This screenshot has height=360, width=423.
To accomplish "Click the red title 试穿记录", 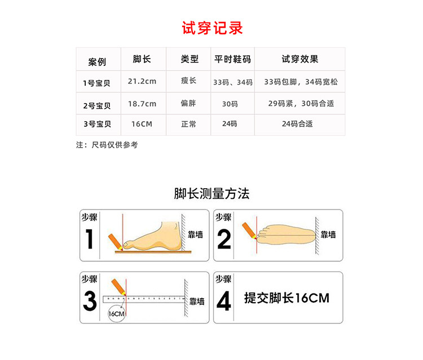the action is tap(212, 28).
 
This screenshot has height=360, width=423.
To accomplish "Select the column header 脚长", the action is tap(142, 59).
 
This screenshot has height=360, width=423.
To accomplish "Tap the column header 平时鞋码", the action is tap(232, 59).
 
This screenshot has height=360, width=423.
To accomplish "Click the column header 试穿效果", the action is tap(300, 59).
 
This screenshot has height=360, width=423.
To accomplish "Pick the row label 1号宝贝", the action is tap(96, 83).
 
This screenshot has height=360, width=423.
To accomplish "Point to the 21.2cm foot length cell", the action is tap(142, 81).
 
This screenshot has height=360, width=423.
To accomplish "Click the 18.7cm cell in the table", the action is tap(142, 104).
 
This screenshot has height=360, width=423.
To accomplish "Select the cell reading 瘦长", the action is tap(188, 81).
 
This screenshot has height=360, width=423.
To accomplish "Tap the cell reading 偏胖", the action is tap(188, 103).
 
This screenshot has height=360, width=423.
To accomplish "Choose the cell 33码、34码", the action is tap(233, 82).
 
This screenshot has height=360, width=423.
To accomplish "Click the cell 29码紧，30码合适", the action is tap(301, 104).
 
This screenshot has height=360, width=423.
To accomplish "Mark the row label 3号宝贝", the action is tap(97, 124).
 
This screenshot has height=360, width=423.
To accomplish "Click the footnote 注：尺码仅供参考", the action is tap(107, 145).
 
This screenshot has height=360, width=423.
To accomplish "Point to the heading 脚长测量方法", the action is tap(211, 193).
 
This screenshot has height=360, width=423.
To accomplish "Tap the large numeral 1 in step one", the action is tap(89, 239).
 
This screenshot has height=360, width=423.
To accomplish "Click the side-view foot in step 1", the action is tap(152, 236).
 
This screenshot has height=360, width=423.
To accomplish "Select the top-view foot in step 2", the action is tap(286, 235).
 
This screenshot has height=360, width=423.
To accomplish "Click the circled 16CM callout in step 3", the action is tap(117, 314).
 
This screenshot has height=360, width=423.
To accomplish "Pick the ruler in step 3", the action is tap(144, 299).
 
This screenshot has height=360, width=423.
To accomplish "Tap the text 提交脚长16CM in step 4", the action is tap(287, 298).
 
